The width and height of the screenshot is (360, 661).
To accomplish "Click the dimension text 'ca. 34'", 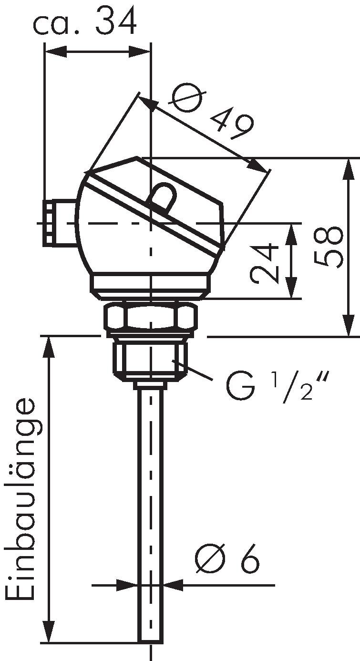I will [x=84, y=21].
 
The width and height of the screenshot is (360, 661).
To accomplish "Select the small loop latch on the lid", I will [x=163, y=197].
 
